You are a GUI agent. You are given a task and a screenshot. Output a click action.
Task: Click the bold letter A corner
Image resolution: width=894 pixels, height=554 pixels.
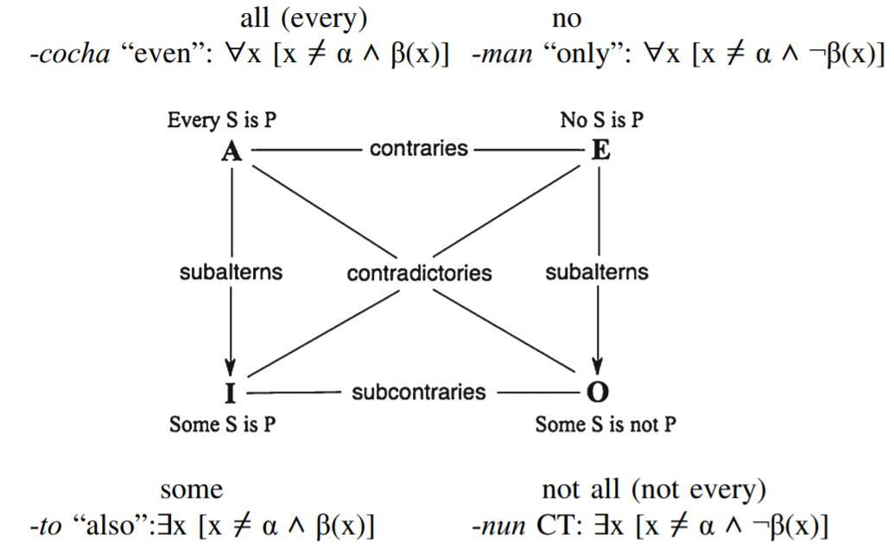(x=231, y=151)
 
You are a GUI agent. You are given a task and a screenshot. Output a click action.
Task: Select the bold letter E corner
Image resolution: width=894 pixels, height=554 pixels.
(x=600, y=150)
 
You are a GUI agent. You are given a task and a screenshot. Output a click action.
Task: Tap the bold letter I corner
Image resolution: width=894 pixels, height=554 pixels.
(x=230, y=393)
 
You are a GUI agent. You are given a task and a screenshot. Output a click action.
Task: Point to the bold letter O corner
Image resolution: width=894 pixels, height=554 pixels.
(x=598, y=392)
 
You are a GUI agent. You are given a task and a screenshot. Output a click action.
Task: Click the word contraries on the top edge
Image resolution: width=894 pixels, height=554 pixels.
(x=418, y=149)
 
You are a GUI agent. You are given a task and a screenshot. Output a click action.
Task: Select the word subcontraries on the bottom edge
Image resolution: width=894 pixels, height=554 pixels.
(x=418, y=392)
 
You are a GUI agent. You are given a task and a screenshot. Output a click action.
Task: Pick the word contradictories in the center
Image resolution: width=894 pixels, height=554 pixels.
(x=419, y=273)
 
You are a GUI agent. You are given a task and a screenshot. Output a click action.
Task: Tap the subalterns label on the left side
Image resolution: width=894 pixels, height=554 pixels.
(x=231, y=271)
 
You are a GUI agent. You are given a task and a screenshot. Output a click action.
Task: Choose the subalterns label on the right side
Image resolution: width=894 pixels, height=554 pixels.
(x=596, y=271)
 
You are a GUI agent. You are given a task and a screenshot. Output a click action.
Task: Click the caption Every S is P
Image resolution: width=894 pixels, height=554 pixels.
(x=222, y=120)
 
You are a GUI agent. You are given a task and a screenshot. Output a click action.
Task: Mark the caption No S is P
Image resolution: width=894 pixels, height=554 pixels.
(x=601, y=120)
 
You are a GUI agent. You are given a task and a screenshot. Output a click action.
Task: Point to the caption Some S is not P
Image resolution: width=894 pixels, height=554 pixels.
(x=605, y=424)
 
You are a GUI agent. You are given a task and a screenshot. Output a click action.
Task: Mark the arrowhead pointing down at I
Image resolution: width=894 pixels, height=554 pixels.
(x=231, y=368)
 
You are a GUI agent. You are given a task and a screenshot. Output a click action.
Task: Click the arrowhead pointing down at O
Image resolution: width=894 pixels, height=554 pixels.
(x=598, y=368)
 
